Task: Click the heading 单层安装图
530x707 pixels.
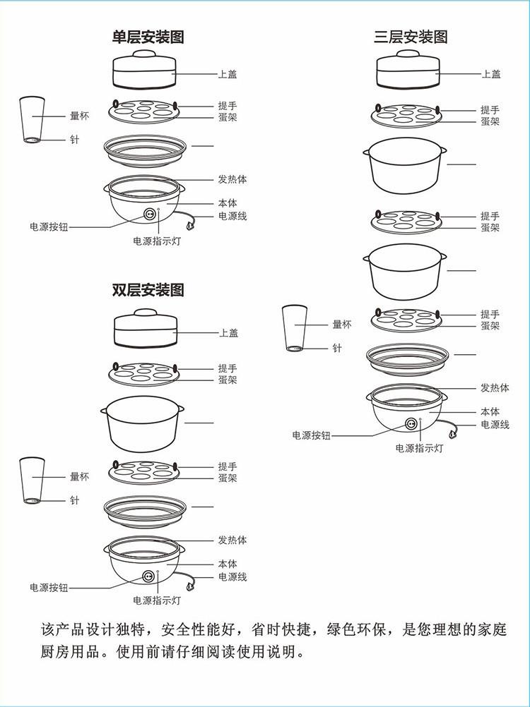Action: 148,37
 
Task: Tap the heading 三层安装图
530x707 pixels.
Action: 411,37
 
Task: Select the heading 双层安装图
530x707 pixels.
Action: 148,289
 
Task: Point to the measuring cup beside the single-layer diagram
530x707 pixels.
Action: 32,119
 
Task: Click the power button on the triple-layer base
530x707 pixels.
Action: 411,424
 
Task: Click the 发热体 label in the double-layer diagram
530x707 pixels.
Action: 232,540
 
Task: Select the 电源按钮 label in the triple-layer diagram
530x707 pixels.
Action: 311,435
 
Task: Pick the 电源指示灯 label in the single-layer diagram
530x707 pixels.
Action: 157,241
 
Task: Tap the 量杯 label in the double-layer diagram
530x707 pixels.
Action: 79,476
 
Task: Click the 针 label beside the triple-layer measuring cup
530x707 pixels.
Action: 337,348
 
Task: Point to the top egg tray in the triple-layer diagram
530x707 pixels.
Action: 406,116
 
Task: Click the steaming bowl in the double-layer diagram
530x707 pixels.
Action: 143,423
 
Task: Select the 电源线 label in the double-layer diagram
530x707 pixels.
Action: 232,576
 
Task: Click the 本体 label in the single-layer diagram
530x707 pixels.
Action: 228,203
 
